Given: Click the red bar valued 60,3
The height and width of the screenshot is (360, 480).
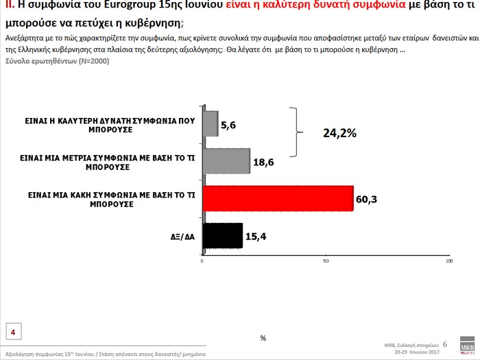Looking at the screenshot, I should (278, 199).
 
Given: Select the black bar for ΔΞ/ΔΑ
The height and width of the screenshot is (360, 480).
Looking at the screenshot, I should (223, 235).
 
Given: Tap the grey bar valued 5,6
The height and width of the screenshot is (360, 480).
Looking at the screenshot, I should (211, 123).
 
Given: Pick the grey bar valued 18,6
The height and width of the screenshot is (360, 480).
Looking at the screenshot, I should (226, 161).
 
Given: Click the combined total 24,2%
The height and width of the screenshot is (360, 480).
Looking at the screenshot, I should (339, 133).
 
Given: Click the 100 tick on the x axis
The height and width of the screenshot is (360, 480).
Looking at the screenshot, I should (449, 261).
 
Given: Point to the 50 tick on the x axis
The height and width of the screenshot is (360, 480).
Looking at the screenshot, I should (326, 261).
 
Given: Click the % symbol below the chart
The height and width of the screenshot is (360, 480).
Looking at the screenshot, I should (263, 337).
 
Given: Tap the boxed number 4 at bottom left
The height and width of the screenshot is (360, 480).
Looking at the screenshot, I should (13, 333).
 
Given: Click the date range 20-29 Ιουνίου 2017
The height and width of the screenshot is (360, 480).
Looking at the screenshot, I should (418, 350).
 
